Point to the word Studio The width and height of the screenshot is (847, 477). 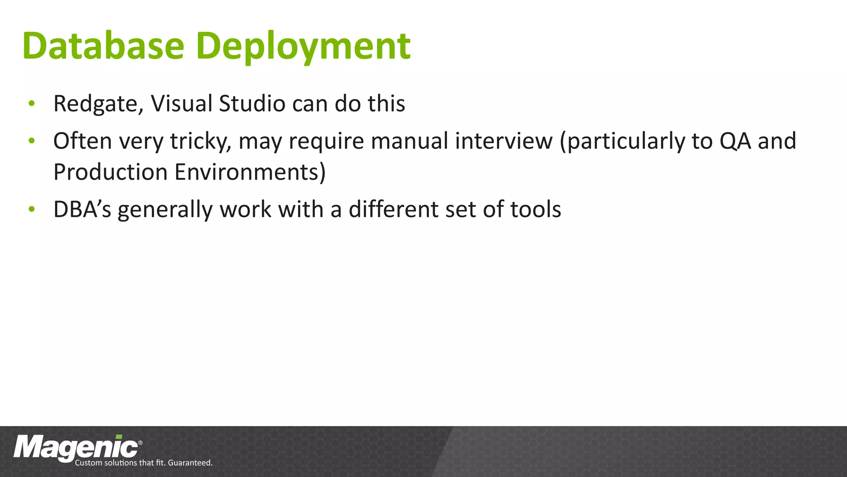pos(252,103)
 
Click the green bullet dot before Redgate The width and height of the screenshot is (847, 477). pos(31,104)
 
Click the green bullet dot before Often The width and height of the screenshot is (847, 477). pos(31,142)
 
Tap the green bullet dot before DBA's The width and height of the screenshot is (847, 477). pos(31,210)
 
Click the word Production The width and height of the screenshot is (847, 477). pos(110,172)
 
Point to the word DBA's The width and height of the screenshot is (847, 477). pos(82,209)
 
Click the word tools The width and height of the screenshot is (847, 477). pos(536,209)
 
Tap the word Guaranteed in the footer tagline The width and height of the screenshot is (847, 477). pos(190,463)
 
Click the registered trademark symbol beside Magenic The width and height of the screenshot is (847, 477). pos(140,443)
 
